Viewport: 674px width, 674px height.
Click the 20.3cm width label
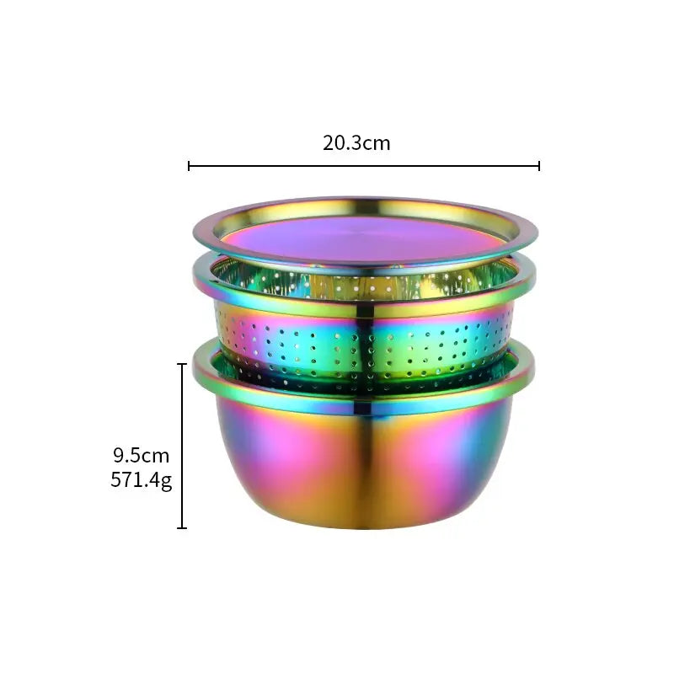(x=356, y=142)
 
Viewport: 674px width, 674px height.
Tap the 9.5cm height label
(x=142, y=456)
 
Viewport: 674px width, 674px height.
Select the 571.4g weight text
(x=142, y=481)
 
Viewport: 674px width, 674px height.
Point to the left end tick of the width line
(x=190, y=166)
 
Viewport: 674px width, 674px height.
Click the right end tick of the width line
(x=538, y=166)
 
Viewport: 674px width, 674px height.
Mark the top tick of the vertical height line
(x=182, y=364)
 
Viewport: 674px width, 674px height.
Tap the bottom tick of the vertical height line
(x=182, y=528)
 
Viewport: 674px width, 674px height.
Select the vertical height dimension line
(x=182, y=447)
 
